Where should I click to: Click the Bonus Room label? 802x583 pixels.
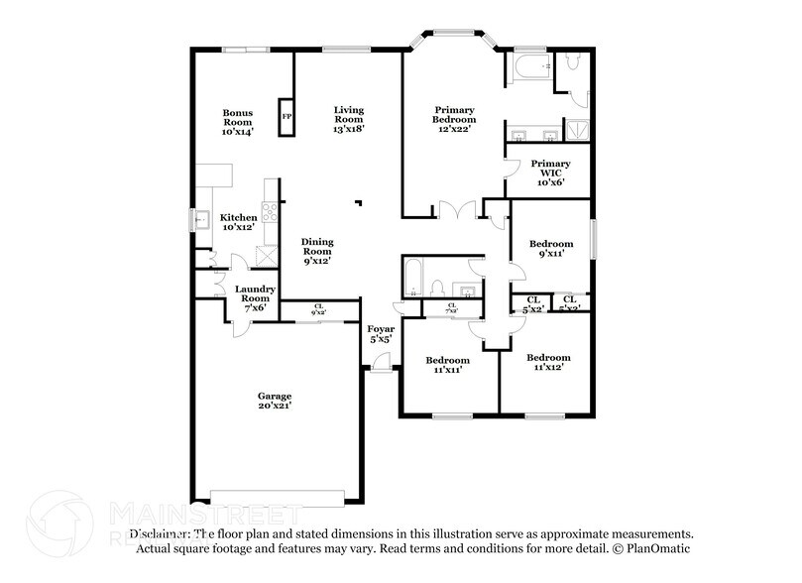238,121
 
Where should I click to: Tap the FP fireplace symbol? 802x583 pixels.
286,116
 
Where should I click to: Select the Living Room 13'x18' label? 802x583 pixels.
348,119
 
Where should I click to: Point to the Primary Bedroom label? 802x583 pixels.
454,118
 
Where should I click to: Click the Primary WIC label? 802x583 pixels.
550,173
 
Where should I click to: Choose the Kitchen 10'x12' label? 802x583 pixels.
239,222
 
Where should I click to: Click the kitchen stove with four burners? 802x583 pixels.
269,211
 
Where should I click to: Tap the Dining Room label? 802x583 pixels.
317,251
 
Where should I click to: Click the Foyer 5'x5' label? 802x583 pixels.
381,333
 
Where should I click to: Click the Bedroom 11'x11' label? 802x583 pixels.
447,365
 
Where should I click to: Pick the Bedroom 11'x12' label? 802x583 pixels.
548,362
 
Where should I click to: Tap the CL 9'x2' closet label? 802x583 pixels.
318,309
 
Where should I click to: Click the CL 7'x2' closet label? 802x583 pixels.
451,308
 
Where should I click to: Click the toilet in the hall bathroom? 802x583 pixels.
435,287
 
